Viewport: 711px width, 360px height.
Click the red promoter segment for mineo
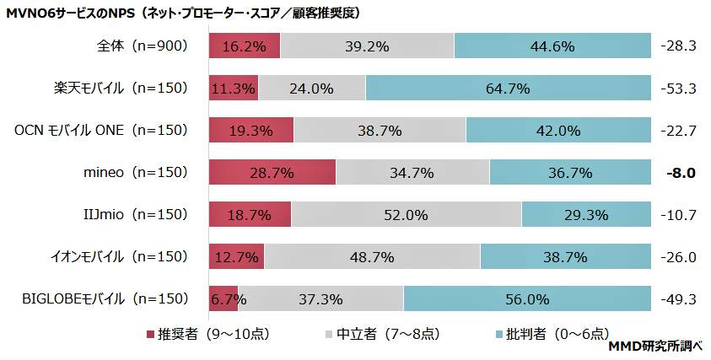(x=272, y=173)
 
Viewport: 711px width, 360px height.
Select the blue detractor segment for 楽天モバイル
(x=508, y=88)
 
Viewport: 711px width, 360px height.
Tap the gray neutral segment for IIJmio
(x=406, y=215)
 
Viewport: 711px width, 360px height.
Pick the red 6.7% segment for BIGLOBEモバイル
(x=224, y=298)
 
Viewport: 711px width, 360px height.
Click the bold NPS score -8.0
(x=679, y=173)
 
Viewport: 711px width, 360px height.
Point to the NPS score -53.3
(x=679, y=88)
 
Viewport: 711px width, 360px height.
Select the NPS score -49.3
(x=679, y=298)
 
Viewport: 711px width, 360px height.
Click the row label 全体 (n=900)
(x=142, y=46)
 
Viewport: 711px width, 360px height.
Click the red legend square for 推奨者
(x=152, y=334)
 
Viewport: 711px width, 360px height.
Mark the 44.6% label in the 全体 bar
(x=552, y=46)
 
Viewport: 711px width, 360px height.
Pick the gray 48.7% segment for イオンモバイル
(x=372, y=256)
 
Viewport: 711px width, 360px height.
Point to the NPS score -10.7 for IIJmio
(x=679, y=215)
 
